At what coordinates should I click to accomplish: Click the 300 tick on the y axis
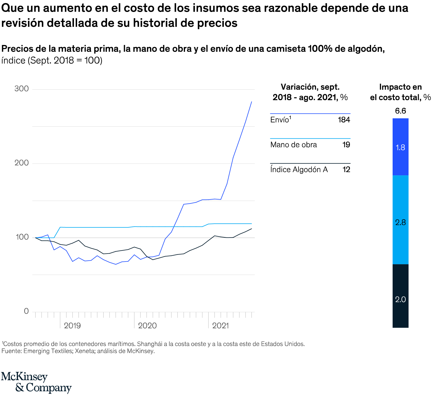pyautogui.click(x=22, y=89)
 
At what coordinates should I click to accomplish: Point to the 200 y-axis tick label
pyautogui.click(x=22, y=163)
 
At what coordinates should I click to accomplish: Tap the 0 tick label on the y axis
pyautogui.click(x=26, y=311)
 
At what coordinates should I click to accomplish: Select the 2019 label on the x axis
pyautogui.click(x=72, y=326)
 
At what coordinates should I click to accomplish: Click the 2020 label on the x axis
pyautogui.click(x=147, y=326)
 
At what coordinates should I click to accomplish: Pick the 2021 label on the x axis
pyautogui.click(x=220, y=326)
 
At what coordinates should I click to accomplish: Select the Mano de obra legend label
pyautogui.click(x=293, y=145)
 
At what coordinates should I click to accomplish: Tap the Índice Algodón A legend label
pyautogui.click(x=299, y=170)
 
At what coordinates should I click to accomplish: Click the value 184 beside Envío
pyautogui.click(x=344, y=120)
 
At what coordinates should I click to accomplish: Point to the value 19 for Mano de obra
pyautogui.click(x=346, y=145)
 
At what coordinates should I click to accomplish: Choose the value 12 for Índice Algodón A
pyautogui.click(x=346, y=170)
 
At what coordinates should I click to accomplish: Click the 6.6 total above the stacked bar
pyautogui.click(x=400, y=111)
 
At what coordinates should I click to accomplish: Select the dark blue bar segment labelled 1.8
pyautogui.click(x=400, y=147)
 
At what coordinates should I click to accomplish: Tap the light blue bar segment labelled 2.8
pyautogui.click(x=400, y=220)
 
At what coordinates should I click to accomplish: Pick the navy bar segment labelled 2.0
pyautogui.click(x=400, y=296)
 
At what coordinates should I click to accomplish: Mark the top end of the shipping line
pyautogui.click(x=252, y=102)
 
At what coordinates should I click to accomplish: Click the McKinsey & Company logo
pyautogui.click(x=36, y=382)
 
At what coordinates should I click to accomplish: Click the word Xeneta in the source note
pyautogui.click(x=85, y=351)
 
